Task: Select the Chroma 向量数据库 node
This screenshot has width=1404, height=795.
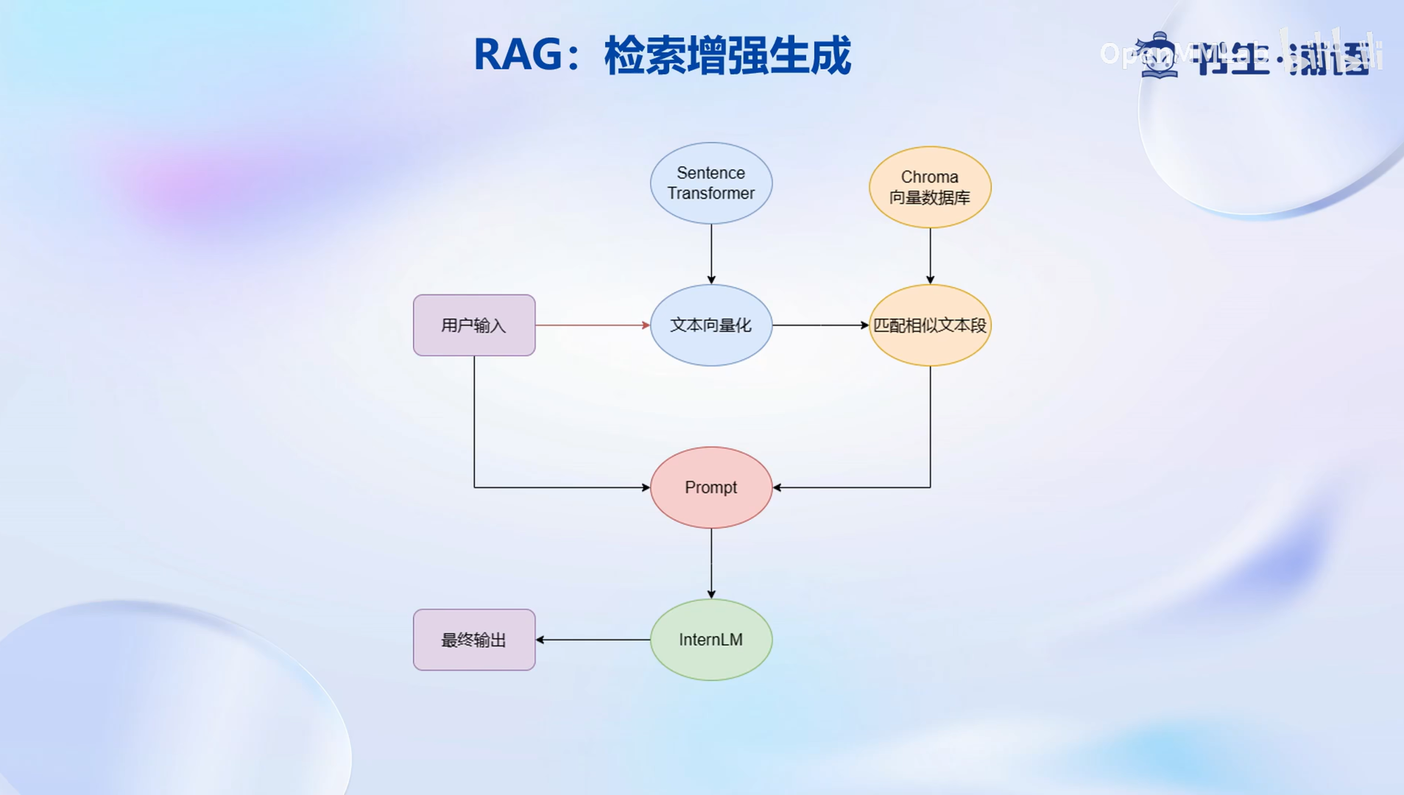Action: point(930,187)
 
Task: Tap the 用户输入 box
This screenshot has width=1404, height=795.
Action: point(474,325)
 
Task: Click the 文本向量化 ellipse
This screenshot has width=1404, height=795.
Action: point(710,325)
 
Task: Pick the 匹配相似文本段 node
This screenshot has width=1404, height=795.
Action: point(930,325)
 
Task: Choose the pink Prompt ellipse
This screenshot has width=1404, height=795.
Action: point(710,487)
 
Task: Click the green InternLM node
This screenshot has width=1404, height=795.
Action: point(710,640)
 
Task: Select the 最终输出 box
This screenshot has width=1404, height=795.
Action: point(474,640)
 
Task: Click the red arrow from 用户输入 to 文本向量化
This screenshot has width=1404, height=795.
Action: point(592,325)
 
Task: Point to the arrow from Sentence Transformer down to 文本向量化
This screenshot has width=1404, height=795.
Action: point(711,254)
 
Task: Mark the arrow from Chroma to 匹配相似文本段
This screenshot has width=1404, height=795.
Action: point(930,255)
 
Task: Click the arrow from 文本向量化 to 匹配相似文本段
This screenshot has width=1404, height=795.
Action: point(820,325)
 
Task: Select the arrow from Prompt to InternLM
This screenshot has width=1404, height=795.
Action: point(711,563)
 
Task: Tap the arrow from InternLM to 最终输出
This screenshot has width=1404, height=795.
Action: point(593,640)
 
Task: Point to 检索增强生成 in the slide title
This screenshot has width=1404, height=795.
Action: point(727,55)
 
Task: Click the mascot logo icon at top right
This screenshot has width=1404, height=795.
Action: point(1159,55)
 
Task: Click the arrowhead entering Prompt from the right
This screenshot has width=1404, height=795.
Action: point(777,487)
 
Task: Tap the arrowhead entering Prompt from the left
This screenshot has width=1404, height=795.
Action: point(645,487)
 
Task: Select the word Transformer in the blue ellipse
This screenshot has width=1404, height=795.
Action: point(710,194)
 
